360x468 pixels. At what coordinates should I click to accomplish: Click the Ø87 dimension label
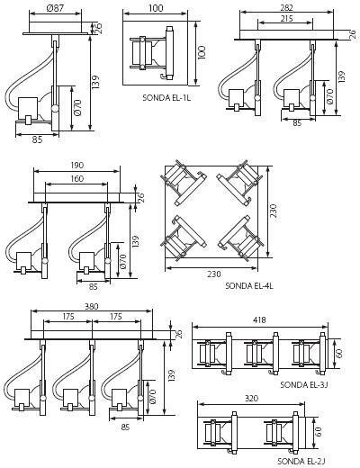click(55, 8)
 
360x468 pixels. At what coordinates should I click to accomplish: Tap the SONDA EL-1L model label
click(166, 97)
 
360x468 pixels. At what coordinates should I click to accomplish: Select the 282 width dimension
click(285, 7)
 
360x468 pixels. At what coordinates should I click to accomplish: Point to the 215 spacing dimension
click(287, 19)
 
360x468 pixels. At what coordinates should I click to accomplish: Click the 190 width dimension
click(77, 166)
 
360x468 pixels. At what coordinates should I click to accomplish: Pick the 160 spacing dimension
click(77, 178)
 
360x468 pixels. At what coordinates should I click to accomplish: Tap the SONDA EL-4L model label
click(249, 285)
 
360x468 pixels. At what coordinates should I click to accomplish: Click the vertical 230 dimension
click(274, 211)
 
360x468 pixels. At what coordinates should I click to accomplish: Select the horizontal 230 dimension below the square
click(213, 274)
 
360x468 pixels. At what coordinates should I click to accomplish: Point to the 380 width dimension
click(92, 306)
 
